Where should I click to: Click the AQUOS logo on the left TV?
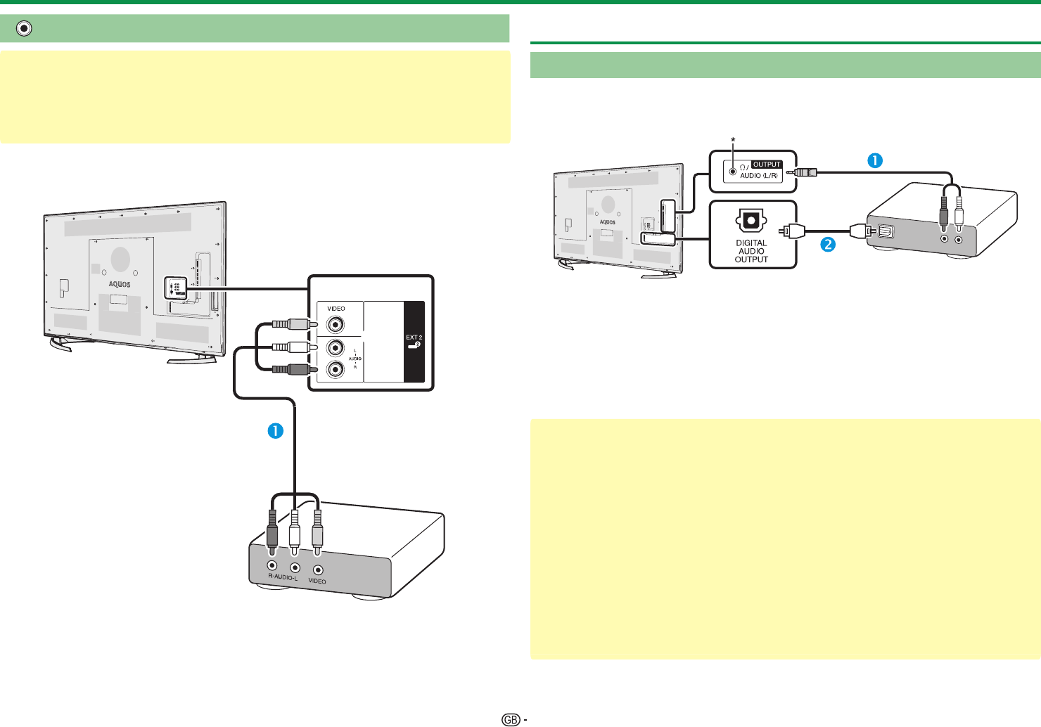[x=120, y=284]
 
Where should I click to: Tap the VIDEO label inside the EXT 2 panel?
[x=336, y=309]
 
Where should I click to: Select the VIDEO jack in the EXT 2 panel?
[x=336, y=325]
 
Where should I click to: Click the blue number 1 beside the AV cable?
[x=275, y=430]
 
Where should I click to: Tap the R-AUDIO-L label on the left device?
[x=283, y=577]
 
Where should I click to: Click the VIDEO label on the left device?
[x=317, y=581]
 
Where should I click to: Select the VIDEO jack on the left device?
[x=319, y=570]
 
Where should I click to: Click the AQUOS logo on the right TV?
[x=608, y=222]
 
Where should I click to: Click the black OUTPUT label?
[x=767, y=165]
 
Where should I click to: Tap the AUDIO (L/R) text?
[x=759, y=175]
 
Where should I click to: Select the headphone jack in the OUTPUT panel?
[x=734, y=170]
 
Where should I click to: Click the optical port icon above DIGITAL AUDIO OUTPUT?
[x=751, y=221]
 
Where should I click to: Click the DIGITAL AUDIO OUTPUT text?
[x=751, y=251]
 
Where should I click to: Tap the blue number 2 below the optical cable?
[x=829, y=245]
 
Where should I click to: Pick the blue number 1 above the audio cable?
[x=874, y=160]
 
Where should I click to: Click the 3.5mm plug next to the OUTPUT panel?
[x=806, y=172]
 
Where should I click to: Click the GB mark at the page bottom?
[x=511, y=719]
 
